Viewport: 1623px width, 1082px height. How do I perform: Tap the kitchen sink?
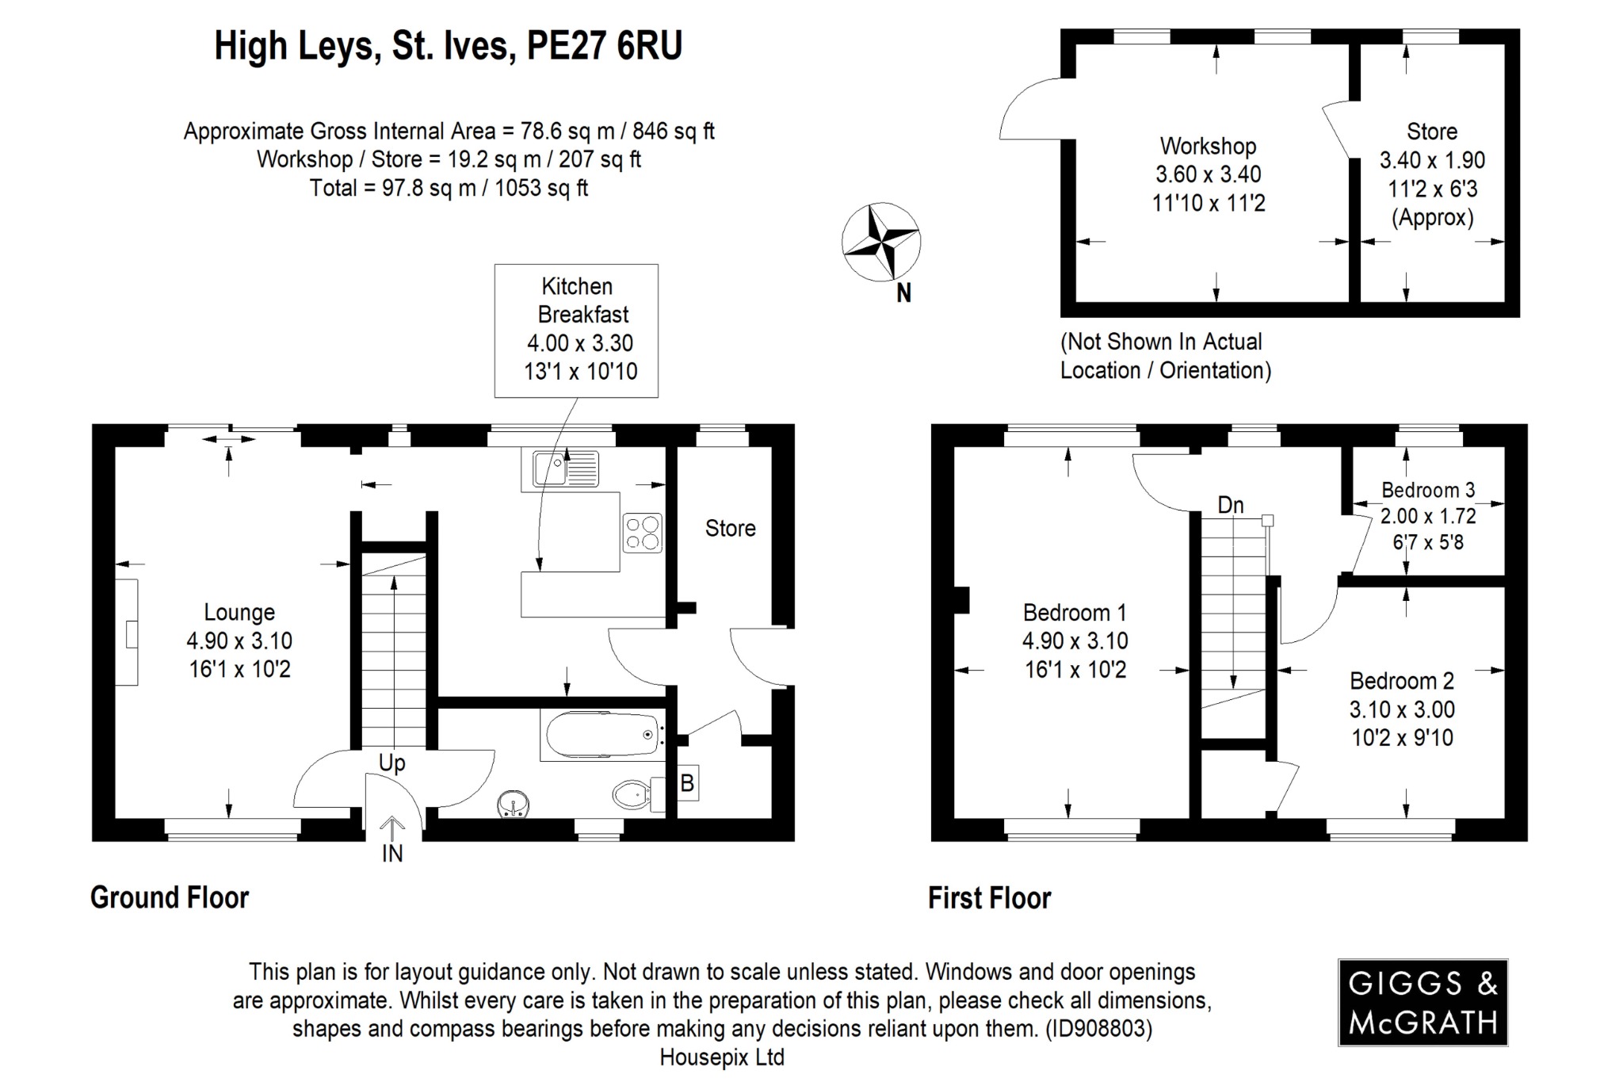click(x=565, y=468)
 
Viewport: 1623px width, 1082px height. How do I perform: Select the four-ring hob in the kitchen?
click(x=642, y=533)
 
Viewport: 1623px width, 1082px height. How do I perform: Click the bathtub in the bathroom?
click(x=602, y=735)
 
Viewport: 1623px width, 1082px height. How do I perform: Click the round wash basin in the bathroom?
click(x=514, y=804)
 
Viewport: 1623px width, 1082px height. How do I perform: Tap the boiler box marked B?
click(x=687, y=783)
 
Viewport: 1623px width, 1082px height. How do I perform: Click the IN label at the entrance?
click(x=392, y=854)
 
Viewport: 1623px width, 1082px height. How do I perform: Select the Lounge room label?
click(x=239, y=612)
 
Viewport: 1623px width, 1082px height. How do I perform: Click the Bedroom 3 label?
click(x=1428, y=490)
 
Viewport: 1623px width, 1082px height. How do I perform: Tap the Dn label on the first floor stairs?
click(x=1230, y=505)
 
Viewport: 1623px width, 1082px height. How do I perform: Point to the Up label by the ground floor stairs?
click(x=391, y=763)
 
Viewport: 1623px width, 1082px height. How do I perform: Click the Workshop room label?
click(x=1208, y=146)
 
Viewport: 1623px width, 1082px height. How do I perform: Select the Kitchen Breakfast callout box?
click(x=576, y=330)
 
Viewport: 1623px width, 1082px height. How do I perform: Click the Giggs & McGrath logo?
click(x=1423, y=1003)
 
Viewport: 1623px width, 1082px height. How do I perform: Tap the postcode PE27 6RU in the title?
click(x=604, y=46)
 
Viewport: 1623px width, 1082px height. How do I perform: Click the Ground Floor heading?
click(x=170, y=897)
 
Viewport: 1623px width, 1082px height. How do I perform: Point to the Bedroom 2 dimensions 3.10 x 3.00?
click(x=1402, y=709)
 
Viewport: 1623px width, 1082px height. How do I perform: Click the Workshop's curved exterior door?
click(x=1030, y=111)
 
